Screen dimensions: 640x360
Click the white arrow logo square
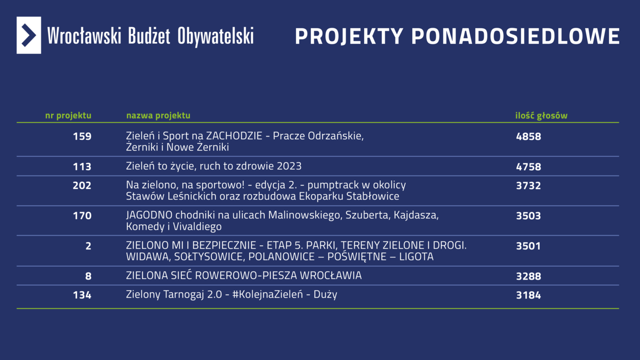(29, 35)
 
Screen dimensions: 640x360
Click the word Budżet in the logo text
(149, 36)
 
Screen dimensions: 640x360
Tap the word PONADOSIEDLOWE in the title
(515, 37)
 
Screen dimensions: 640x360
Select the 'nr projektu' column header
(68, 115)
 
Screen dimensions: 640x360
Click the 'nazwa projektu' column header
(158, 115)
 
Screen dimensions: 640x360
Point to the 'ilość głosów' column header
(541, 115)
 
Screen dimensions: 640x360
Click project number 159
(82, 137)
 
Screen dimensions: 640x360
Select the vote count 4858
(529, 137)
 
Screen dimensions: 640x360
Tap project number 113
(82, 166)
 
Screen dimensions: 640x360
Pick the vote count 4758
(529, 166)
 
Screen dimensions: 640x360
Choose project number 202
(82, 186)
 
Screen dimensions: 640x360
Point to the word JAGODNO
(149, 215)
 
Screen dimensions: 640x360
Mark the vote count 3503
(529, 215)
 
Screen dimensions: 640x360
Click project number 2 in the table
(89, 246)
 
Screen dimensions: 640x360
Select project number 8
(89, 276)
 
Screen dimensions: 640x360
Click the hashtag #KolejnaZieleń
(268, 294)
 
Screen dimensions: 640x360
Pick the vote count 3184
(529, 295)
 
